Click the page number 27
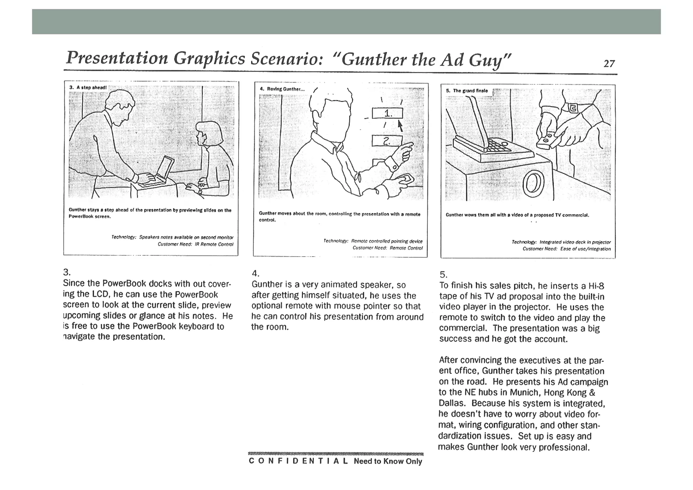click(609, 64)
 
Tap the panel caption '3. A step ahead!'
click(88, 87)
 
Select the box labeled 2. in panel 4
click(387, 141)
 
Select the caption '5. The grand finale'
click(467, 91)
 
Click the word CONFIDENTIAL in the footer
click(298, 461)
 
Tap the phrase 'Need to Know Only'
click(388, 461)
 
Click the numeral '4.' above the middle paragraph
click(255, 274)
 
